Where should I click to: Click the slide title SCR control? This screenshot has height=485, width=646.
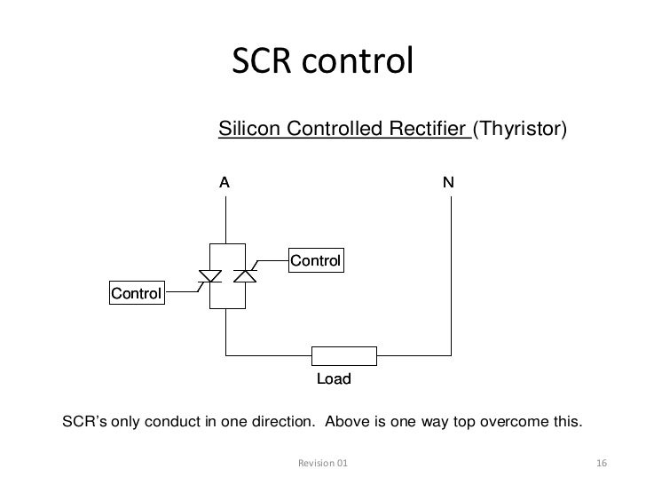coord(322,61)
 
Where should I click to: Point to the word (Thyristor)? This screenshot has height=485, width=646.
coord(519,130)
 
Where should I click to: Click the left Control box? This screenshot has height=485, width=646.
coord(136,292)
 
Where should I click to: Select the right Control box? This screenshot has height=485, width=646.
coord(316,260)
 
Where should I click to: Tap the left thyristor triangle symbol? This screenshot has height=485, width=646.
coord(210,277)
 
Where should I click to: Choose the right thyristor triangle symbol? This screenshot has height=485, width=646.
coord(243,277)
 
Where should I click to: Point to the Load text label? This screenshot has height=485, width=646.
coord(335,379)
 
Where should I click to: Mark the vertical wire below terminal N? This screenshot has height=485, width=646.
coord(451,266)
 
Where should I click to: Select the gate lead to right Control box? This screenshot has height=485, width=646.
coord(270,264)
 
